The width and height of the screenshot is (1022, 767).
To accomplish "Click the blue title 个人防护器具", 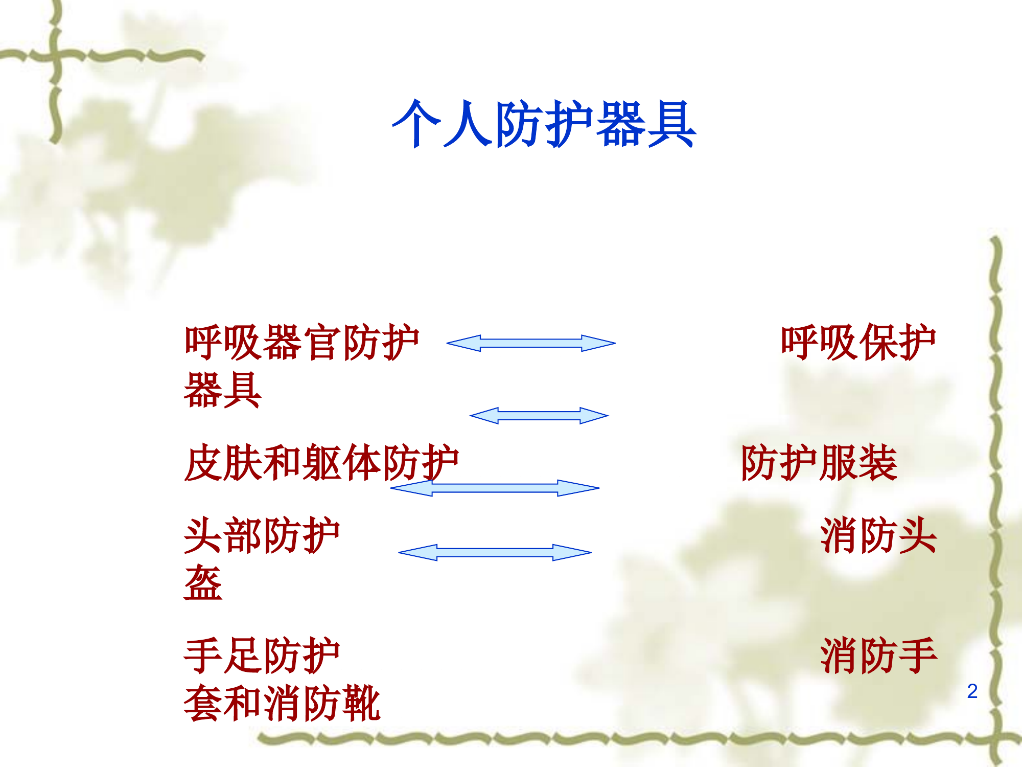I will click(544, 124).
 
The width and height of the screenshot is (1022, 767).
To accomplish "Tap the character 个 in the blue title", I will click(416, 124).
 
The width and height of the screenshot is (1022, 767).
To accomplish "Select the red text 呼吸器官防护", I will click(301, 342).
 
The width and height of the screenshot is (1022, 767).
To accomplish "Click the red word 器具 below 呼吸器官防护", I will click(222, 390).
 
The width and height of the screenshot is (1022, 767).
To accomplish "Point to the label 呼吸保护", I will click(858, 342).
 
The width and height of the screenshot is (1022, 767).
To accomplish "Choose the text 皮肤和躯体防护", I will click(321, 463).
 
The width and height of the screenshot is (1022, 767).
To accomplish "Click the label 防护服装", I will click(819, 463).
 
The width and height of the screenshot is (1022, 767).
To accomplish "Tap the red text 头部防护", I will click(262, 535).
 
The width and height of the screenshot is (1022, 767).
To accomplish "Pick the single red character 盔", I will click(203, 583).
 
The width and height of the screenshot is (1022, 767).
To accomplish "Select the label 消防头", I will click(878, 535).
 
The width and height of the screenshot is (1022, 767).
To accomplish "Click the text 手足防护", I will click(262, 656).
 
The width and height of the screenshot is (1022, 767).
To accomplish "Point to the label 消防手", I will click(878, 656).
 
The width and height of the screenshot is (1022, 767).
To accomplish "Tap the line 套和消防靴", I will click(282, 704).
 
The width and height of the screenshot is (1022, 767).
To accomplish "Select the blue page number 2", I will click(972, 691).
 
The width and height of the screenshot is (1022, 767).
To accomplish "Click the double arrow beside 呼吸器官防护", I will click(531, 343).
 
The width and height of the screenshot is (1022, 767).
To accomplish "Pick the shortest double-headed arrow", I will click(539, 416).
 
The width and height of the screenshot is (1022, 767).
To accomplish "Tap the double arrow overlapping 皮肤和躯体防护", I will click(495, 488).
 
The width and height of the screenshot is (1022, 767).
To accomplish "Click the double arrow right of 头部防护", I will click(495, 552).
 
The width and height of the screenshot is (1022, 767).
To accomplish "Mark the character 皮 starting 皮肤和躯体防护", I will click(203, 463).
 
